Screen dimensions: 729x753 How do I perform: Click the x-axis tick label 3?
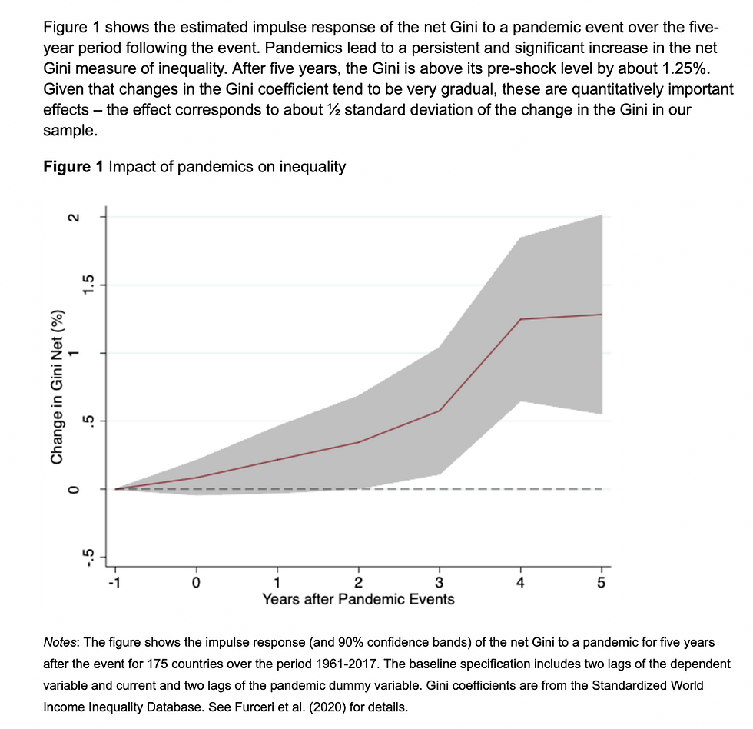click(x=440, y=582)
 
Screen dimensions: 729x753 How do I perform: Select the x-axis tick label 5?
click(x=602, y=582)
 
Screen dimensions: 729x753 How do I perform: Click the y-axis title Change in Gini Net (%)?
click(x=56, y=387)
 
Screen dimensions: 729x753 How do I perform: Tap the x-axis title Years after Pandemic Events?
click(x=358, y=599)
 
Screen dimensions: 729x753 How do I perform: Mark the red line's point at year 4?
click(x=521, y=319)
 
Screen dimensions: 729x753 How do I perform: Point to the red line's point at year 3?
click(x=440, y=411)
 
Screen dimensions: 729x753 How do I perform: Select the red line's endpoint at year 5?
click(x=602, y=315)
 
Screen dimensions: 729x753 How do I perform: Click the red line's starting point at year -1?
click(x=115, y=488)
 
